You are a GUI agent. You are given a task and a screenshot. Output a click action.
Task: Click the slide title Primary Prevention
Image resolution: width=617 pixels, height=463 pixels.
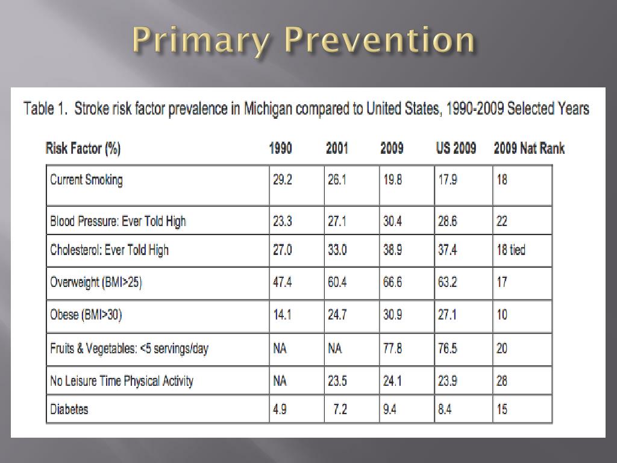304,41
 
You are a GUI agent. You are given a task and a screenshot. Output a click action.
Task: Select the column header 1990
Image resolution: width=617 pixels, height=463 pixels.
281,148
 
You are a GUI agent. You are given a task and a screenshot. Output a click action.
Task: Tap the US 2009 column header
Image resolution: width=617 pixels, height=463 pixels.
456,148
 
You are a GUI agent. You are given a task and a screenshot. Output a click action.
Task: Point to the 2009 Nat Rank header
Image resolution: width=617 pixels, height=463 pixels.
529,148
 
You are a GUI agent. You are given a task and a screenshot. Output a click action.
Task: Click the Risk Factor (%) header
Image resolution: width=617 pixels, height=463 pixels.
83,148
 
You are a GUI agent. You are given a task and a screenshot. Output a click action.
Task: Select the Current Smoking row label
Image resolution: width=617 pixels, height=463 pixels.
86,180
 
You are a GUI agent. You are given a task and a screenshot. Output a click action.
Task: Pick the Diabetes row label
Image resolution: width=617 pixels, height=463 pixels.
69,409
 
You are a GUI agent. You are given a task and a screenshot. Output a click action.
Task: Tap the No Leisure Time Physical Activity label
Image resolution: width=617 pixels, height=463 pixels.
122,381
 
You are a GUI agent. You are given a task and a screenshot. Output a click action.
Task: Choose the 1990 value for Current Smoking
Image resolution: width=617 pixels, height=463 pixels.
282,180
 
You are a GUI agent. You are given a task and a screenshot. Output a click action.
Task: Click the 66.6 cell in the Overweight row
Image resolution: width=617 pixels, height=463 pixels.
392,282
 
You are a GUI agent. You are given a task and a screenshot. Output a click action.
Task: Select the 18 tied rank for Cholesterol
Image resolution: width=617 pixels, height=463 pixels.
510,250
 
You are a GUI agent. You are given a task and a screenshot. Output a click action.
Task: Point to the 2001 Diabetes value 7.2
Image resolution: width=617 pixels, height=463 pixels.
340,410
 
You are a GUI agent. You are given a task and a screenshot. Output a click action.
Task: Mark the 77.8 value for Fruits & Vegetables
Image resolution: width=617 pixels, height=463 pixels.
392,348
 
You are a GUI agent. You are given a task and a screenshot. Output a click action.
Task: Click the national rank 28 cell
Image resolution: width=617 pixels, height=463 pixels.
502,381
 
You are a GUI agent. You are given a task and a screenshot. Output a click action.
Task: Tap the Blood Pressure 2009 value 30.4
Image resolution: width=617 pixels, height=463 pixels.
392,221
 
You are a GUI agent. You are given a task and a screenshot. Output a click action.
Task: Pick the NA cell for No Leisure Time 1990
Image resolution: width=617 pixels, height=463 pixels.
280,381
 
